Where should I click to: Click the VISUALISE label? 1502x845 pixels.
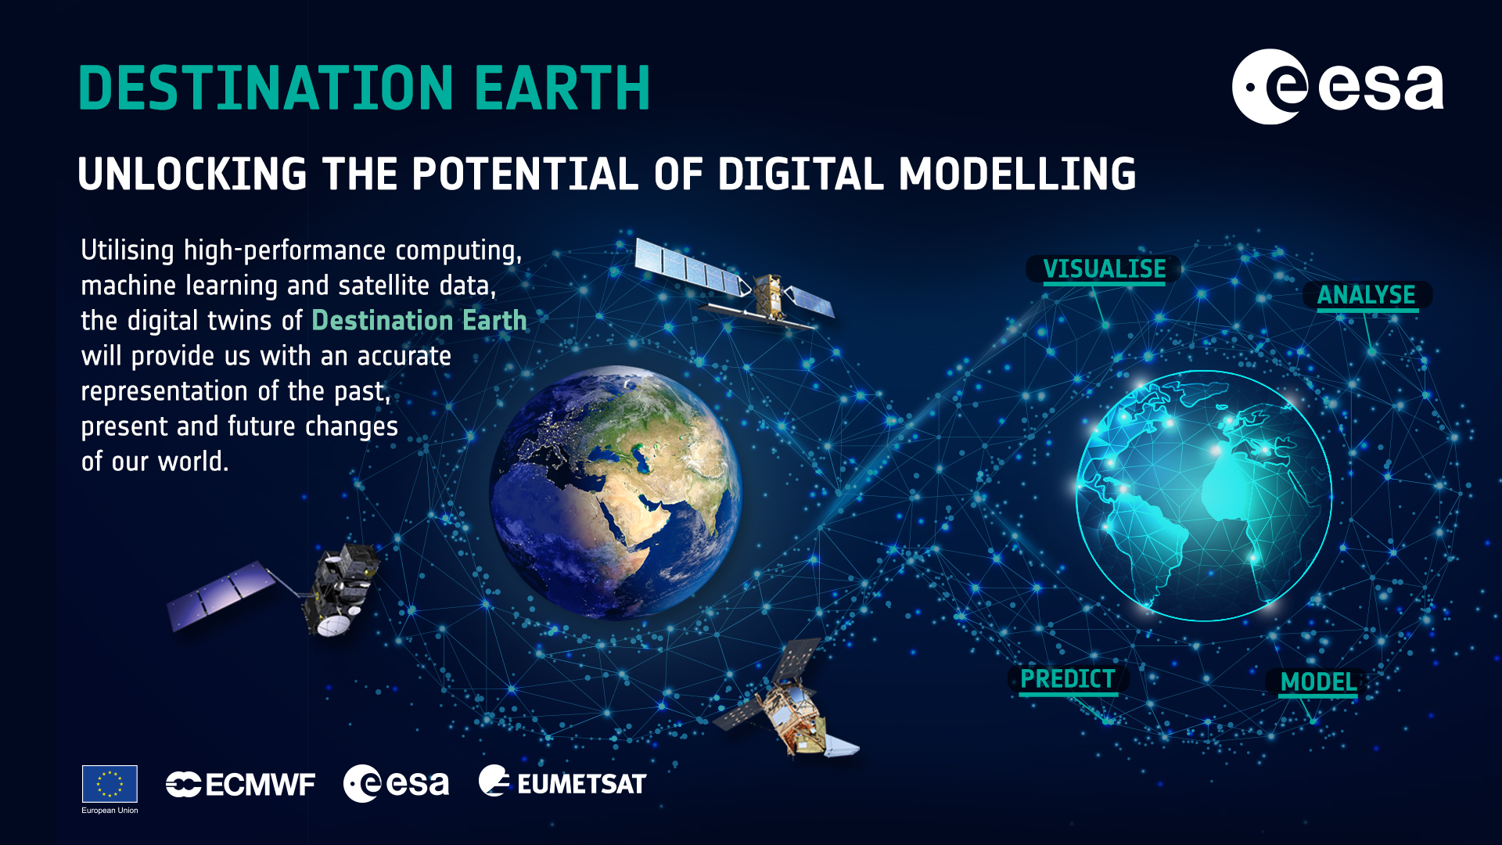point(1104,269)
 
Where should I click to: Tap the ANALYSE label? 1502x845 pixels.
point(1367,295)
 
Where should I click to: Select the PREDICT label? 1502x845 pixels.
point(1068,679)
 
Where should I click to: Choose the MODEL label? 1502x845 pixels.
point(1319,682)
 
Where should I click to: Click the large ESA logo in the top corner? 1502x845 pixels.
point(1338,87)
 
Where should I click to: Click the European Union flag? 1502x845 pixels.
point(110,784)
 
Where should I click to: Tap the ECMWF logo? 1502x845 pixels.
point(240,785)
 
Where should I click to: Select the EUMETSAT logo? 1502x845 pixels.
point(562,782)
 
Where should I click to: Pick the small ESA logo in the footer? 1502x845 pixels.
point(396,783)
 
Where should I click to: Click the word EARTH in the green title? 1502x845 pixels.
point(562,88)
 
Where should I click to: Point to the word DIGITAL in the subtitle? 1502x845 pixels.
point(801,174)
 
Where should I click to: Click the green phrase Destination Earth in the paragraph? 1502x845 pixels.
point(419,321)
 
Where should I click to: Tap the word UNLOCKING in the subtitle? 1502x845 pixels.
point(192,174)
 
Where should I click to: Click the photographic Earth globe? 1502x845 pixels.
point(616,492)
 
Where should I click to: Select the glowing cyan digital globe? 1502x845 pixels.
point(1204,496)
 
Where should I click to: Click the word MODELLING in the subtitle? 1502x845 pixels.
point(1017,174)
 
